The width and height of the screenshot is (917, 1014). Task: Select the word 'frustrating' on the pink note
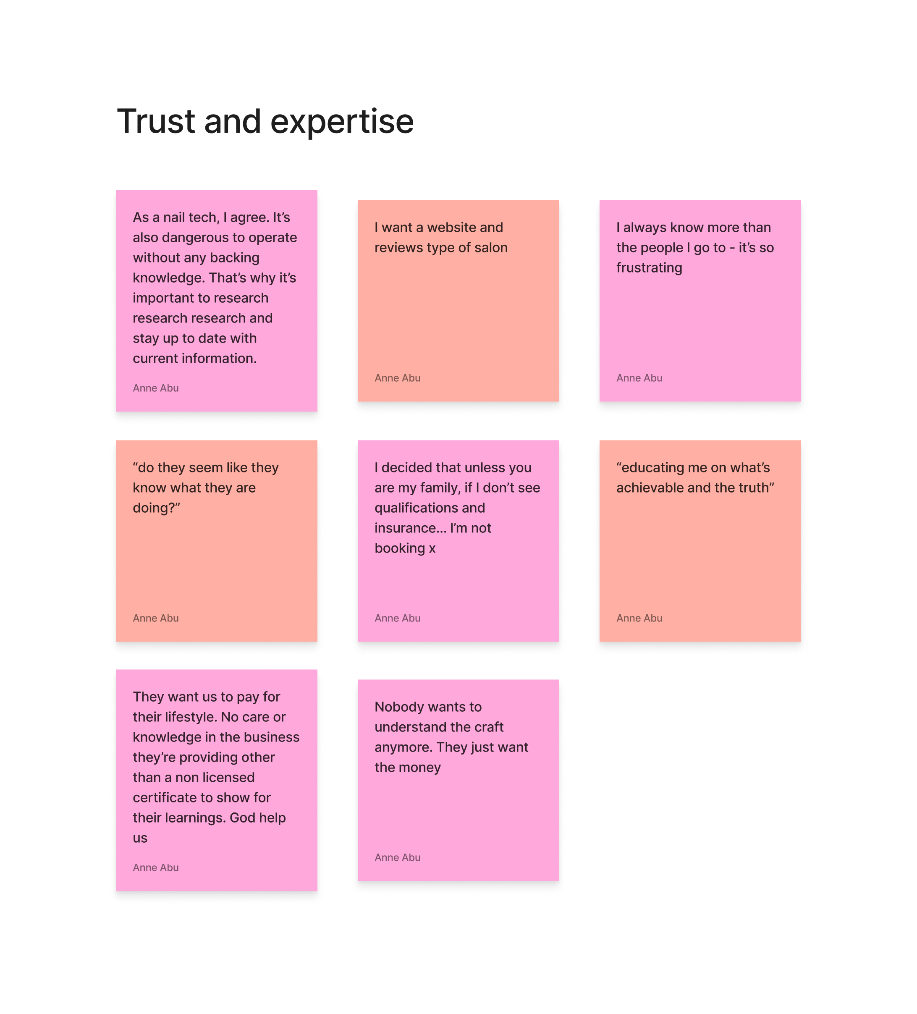tap(649, 267)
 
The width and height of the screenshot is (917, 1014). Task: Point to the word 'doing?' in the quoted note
tap(156, 508)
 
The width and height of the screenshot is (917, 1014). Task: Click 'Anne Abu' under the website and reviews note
tap(397, 378)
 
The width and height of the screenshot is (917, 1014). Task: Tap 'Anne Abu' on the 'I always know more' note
tap(639, 378)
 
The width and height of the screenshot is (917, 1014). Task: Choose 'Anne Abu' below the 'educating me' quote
tap(639, 618)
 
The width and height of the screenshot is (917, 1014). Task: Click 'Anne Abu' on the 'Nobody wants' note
tap(397, 857)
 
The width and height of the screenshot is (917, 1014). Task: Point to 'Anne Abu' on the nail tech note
tap(155, 388)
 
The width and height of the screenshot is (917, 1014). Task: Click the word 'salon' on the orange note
tap(491, 247)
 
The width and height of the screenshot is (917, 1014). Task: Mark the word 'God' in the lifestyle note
tap(242, 818)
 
